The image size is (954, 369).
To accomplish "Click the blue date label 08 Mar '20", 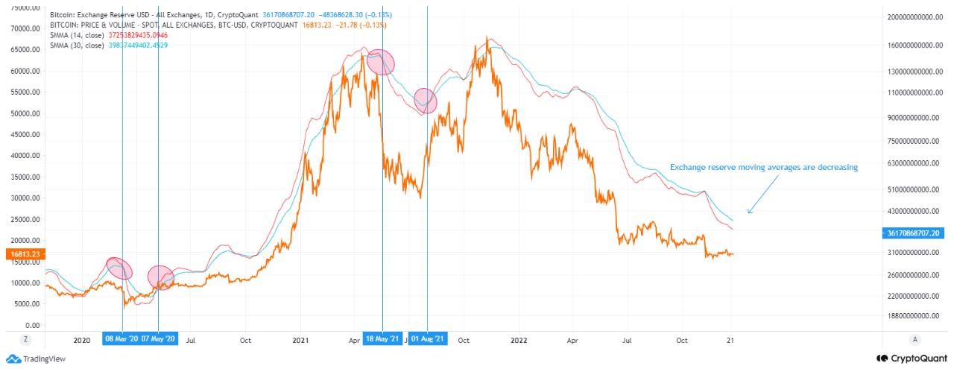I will click(122, 340).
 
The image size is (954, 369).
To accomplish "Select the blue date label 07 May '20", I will click(158, 340).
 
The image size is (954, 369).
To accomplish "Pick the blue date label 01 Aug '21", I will click(428, 340).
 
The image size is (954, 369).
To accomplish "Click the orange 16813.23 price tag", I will click(25, 254).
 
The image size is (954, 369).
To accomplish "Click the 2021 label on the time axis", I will click(300, 340).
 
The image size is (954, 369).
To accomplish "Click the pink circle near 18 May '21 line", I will click(380, 62).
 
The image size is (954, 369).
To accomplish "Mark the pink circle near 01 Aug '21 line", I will click(425, 101).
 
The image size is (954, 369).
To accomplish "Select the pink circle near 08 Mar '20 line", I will click(119, 268).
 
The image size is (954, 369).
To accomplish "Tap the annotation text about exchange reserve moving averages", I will click(763, 168).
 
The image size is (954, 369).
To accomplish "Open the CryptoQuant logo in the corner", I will click(913, 359).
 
